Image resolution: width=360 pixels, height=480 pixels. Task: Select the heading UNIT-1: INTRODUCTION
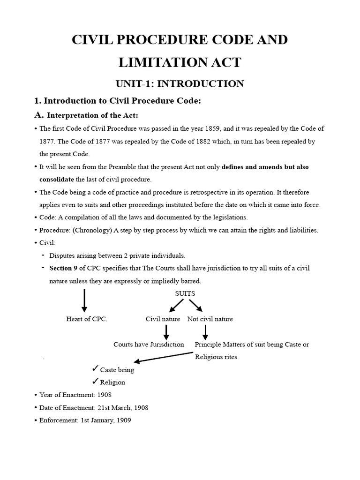coord(180,84)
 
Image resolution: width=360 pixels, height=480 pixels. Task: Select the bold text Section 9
coord(63,268)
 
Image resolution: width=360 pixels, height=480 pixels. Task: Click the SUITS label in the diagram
coord(185,293)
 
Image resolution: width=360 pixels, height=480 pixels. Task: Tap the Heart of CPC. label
coord(87,319)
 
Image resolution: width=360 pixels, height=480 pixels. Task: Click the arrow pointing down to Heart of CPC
coord(84,300)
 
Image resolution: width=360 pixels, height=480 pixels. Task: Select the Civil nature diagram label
coord(163,319)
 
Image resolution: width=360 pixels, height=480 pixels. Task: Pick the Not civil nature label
coord(210,319)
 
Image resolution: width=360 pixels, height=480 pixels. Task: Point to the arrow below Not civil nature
coord(205,332)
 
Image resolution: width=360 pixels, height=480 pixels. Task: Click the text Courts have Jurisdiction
coord(149,345)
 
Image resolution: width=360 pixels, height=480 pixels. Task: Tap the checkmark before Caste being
coord(95,368)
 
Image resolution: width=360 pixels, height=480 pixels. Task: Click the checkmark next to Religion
coord(95,381)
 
